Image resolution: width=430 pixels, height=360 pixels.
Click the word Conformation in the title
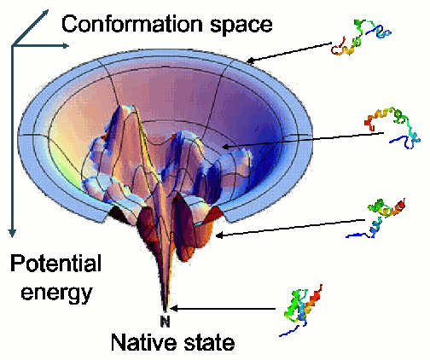[x=132, y=24]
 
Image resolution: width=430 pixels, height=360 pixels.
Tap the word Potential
[x=55, y=264]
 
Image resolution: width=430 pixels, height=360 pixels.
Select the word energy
[x=57, y=292]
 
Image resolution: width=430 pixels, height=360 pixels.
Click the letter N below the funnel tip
[x=165, y=322]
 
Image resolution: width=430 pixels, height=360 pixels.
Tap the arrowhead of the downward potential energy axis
[x=12, y=232]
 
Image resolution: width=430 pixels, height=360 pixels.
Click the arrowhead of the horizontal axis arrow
[x=65, y=46]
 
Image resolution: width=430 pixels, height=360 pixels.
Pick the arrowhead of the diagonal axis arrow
[x=45, y=14]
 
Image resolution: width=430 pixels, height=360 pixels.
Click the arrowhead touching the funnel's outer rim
[x=251, y=61]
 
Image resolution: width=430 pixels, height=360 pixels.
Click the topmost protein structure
[x=359, y=38]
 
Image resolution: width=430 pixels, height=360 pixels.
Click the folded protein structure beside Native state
[x=301, y=310]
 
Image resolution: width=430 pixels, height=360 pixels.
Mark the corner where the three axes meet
[x=12, y=46]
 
